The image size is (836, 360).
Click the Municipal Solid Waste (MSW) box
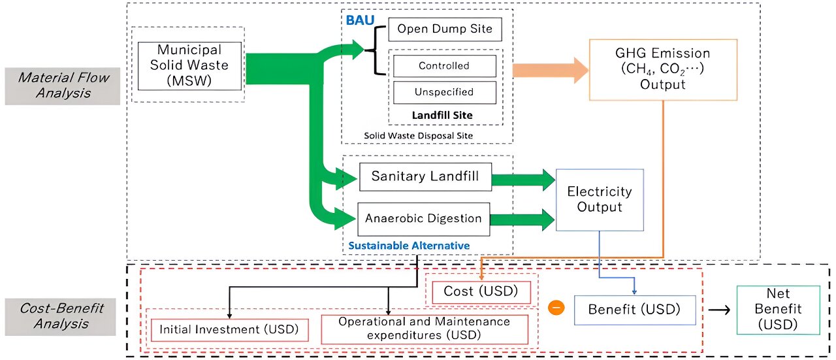click(x=189, y=65)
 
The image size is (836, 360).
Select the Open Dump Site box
click(x=445, y=29)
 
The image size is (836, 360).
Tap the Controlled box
click(x=444, y=66)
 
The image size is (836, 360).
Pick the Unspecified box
click(x=444, y=92)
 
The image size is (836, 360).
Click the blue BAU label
click(x=360, y=20)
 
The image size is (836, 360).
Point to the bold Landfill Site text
click(x=442, y=115)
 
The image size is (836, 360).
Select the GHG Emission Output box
click(x=663, y=69)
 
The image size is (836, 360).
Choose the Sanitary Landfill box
click(x=425, y=176)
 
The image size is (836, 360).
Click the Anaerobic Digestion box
click(x=423, y=219)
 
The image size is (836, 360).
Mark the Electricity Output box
click(x=600, y=199)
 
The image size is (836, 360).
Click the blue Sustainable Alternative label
click(x=409, y=246)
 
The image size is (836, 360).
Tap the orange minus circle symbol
click(x=556, y=307)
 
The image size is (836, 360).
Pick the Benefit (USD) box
click(x=634, y=309)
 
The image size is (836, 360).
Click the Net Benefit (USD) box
click(x=778, y=309)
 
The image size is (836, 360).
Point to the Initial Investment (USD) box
click(x=229, y=329)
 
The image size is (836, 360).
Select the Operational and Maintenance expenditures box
click(x=425, y=329)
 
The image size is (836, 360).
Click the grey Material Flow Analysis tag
click(x=63, y=86)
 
